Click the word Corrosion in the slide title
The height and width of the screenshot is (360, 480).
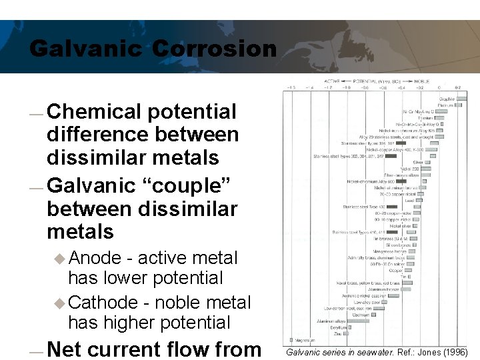(x=214, y=49)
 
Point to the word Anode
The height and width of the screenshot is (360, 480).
(x=95, y=258)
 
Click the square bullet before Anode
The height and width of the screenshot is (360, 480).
(x=61, y=259)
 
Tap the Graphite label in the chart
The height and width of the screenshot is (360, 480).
(x=447, y=99)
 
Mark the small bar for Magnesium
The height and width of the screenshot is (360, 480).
(x=291, y=340)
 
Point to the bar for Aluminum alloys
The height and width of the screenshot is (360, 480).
(x=361, y=321)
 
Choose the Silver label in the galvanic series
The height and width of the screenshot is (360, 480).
(x=418, y=162)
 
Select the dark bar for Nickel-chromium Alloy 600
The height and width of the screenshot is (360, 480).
(x=401, y=181)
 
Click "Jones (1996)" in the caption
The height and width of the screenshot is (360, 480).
(x=445, y=351)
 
